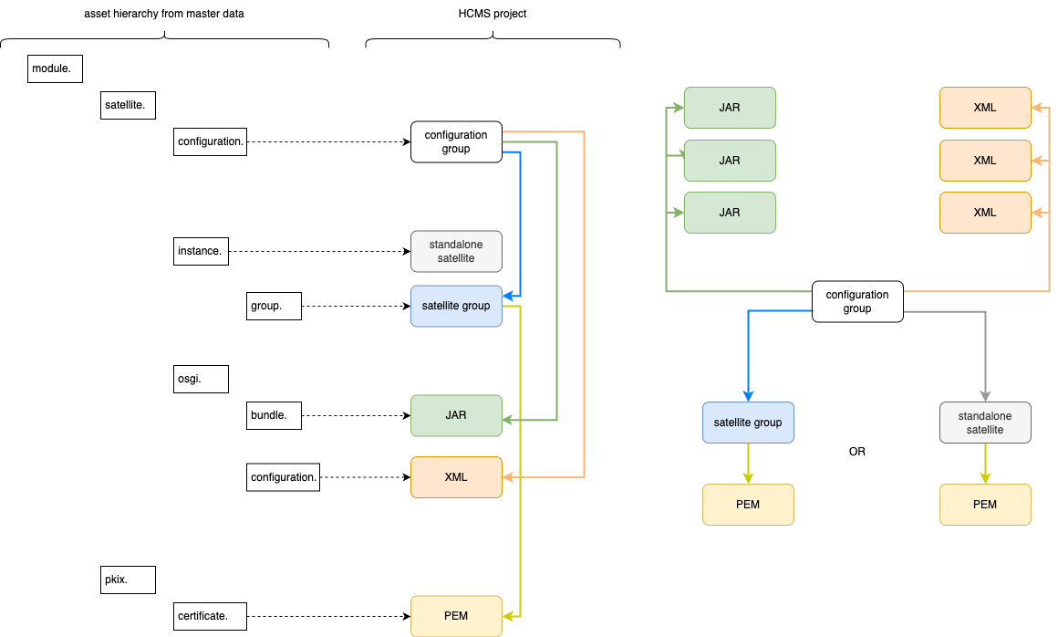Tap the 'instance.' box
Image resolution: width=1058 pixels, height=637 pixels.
[x=201, y=251]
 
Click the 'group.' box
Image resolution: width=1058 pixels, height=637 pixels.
[x=274, y=306]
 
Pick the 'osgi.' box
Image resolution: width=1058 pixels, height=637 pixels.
[x=201, y=379]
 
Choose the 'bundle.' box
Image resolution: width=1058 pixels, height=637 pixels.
[x=274, y=415]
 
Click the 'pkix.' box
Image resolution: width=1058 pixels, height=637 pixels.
[x=128, y=580]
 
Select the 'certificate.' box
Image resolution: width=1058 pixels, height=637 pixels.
[x=201, y=616]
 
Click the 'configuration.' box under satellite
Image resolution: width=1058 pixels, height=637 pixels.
[x=210, y=141]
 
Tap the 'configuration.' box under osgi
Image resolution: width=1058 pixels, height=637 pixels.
[x=283, y=477]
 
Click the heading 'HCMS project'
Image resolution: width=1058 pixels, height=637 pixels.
[x=493, y=14]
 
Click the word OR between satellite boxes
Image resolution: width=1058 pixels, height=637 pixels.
[x=857, y=452]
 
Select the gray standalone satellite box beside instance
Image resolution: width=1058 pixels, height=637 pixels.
[x=456, y=251]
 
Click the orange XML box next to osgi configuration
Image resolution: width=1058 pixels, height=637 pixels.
[x=456, y=477]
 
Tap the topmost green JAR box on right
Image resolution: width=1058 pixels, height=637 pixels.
[x=730, y=108]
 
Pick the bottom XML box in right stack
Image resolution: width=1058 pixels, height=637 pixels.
[x=985, y=212]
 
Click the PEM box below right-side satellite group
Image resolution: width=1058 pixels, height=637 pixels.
[x=748, y=505]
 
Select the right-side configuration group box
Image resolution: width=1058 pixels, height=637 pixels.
[x=857, y=301]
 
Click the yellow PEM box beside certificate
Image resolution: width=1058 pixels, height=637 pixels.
[x=456, y=616]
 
